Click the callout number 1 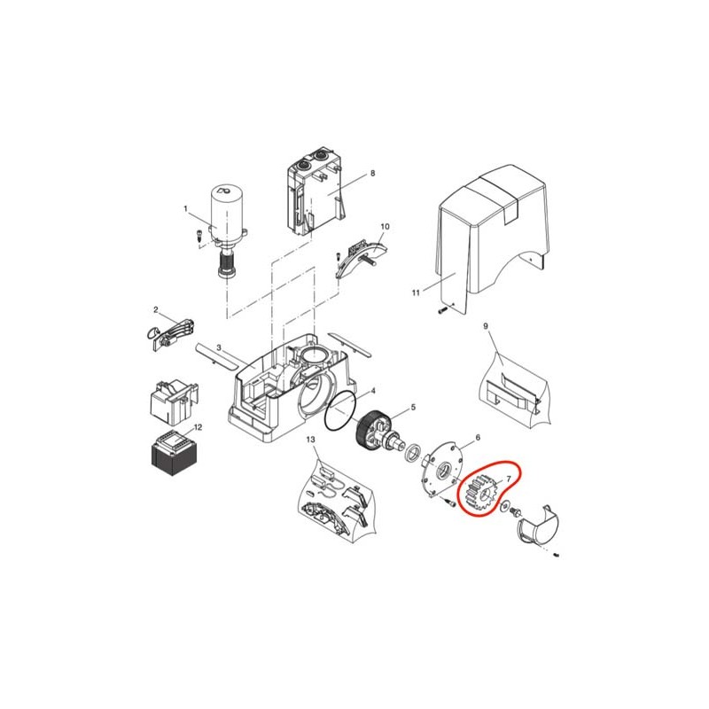185,208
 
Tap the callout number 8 372,173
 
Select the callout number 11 416,293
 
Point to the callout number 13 311,440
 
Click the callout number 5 413,408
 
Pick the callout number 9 486,326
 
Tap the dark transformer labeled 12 173,454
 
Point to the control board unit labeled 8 315,192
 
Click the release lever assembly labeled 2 172,333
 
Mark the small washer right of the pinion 504,504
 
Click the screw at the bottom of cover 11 441,311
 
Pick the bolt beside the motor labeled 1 197,236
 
